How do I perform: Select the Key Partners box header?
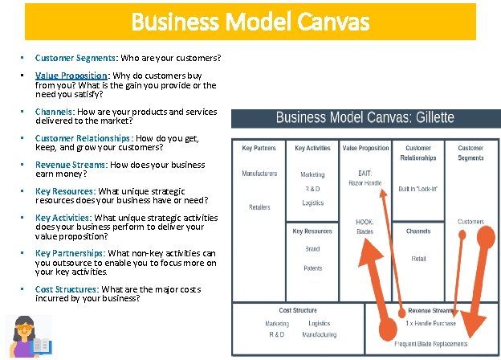(259, 148)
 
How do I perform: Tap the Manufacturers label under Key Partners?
(259, 174)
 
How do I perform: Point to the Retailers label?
(259, 207)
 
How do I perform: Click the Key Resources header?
(312, 231)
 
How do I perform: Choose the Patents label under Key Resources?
(312, 268)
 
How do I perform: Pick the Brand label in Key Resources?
(312, 249)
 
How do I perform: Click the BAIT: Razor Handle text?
(365, 178)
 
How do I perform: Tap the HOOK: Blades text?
(365, 227)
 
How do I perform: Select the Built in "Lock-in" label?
(418, 189)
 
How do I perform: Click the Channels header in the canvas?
(418, 231)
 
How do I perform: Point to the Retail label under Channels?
(418, 259)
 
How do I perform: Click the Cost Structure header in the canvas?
(298, 310)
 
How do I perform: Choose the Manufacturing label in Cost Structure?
(320, 334)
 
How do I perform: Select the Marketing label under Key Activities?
(312, 174)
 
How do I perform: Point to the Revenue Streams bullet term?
(71, 165)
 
